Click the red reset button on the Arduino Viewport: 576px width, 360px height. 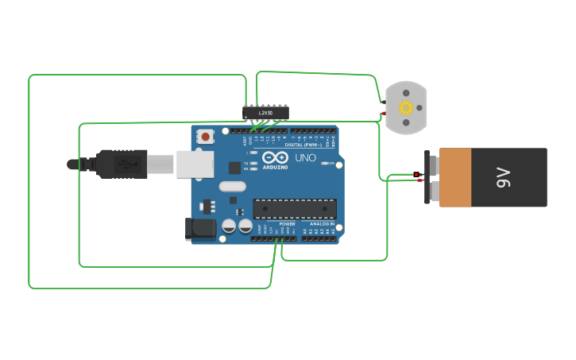coord(206,137)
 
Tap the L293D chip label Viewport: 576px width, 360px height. coord(265,113)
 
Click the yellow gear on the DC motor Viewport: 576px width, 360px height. coord(406,107)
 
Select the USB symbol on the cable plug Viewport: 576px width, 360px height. coord(127,165)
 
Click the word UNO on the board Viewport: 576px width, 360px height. coord(305,158)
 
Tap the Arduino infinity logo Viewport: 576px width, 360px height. coord(275,157)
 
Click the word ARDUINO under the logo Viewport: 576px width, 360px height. coord(275,168)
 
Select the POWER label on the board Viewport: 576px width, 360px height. coord(287,224)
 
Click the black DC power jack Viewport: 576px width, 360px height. coord(200,229)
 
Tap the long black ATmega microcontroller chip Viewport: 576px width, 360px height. coord(294,209)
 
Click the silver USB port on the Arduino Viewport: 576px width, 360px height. coord(195,163)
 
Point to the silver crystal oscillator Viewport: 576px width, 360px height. coord(233,187)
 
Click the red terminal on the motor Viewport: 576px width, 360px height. coord(383,113)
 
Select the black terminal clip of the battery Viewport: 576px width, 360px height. coord(432,176)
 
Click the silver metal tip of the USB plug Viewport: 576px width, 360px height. coord(160,165)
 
